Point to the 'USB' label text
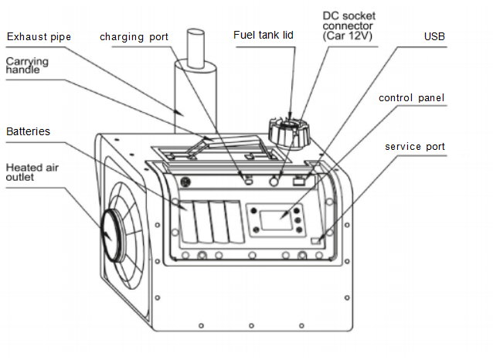[434, 36]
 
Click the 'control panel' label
[412, 98]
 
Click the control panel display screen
[274, 219]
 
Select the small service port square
[315, 241]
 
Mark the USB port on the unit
[300, 182]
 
